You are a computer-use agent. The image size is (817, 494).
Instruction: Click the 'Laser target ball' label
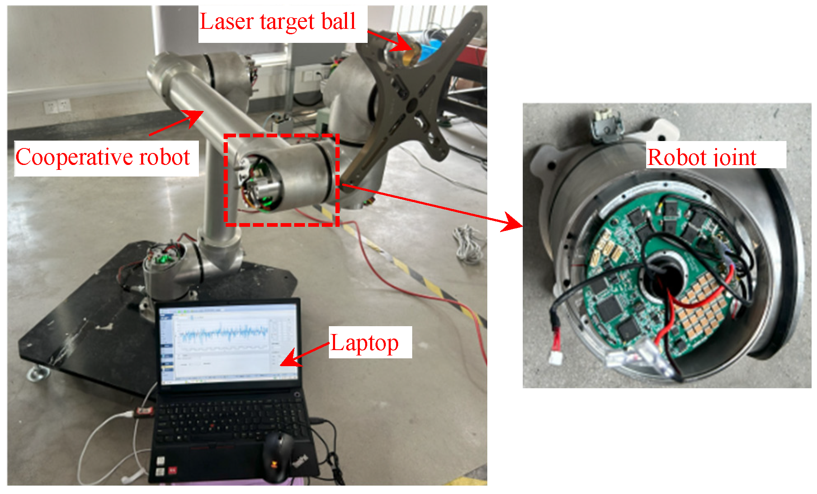point(277,21)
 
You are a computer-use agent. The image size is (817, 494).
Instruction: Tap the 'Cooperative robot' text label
point(103,158)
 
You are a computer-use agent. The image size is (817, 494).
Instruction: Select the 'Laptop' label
point(365,343)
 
